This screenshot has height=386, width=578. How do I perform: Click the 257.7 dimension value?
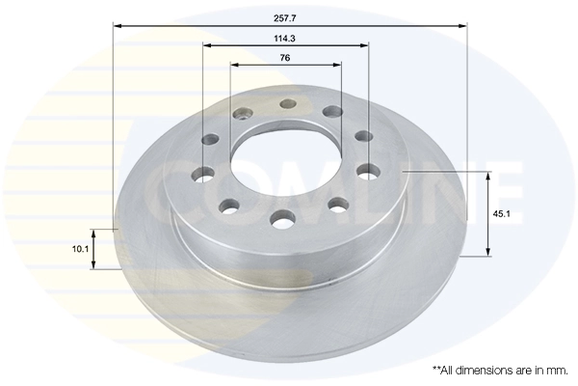(x=284, y=18)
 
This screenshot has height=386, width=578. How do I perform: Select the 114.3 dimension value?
(x=284, y=38)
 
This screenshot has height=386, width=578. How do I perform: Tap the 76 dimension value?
(x=285, y=58)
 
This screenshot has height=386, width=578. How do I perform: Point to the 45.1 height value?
(x=501, y=213)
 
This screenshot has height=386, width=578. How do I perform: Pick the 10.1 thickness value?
(x=80, y=249)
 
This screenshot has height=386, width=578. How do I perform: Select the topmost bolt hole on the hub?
(x=288, y=104)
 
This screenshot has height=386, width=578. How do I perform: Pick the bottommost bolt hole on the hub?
(x=282, y=218)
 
